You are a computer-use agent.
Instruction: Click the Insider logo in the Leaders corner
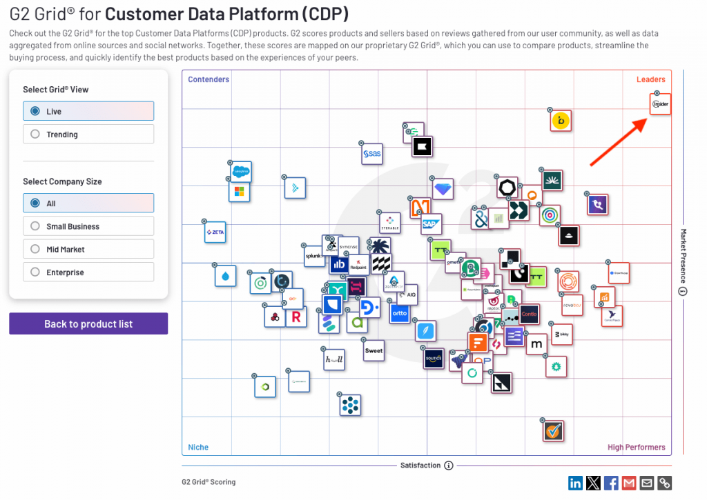661,105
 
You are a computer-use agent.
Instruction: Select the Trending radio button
36,134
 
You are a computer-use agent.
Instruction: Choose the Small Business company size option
36,226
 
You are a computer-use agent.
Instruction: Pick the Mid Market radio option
36,250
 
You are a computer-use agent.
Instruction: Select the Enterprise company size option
36,272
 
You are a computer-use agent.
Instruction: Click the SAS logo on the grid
373,154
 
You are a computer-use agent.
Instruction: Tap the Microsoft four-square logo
240,191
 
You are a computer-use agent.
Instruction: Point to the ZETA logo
215,233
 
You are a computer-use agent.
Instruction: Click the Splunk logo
315,255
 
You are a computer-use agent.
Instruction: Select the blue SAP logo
431,224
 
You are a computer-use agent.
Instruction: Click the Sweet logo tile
374,350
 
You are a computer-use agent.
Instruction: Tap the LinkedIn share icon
575,483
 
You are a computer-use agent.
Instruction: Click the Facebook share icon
611,483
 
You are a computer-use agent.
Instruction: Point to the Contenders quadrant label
209,79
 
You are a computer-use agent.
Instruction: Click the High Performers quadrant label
636,448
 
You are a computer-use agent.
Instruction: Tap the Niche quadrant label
198,448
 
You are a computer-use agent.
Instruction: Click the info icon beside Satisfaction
449,466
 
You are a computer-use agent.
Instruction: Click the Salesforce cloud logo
240,170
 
